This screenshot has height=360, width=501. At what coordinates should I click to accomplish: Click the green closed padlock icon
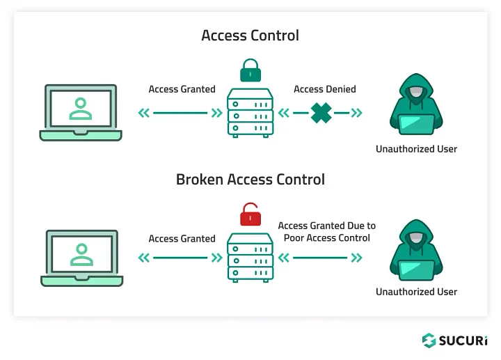click(x=250, y=72)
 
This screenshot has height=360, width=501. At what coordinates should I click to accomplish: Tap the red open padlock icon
click(x=250, y=215)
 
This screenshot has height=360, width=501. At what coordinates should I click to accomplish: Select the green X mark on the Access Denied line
click(x=321, y=113)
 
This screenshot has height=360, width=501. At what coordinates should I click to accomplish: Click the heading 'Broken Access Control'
click(x=250, y=179)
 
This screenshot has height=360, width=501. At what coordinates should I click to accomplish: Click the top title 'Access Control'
click(x=250, y=36)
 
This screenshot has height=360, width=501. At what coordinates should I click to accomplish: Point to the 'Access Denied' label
click(x=324, y=89)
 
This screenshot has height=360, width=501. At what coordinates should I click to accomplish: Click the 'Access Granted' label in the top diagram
click(x=182, y=89)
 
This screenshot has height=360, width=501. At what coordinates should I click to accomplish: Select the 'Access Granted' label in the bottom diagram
click(x=182, y=238)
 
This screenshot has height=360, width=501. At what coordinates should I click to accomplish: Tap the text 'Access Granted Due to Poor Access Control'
click(x=326, y=232)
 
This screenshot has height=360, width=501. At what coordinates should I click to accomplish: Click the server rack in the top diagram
click(x=250, y=114)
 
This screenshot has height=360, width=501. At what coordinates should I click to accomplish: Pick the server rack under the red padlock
click(x=250, y=257)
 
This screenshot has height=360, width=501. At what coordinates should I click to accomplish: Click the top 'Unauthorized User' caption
click(x=416, y=149)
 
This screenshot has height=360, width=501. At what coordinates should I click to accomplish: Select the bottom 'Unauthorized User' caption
click(x=416, y=292)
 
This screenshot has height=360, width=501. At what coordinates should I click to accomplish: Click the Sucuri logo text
click(x=462, y=341)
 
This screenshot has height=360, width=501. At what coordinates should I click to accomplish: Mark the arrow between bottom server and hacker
click(x=320, y=258)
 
